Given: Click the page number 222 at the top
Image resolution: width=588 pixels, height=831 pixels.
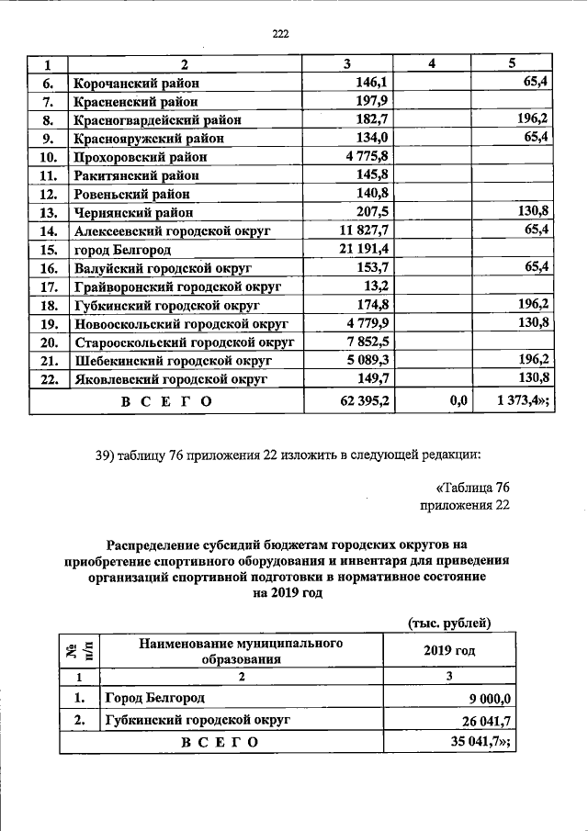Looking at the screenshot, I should pyautogui.click(x=281, y=35).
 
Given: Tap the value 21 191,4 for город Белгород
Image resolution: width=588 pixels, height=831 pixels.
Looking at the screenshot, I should pyautogui.click(x=364, y=250).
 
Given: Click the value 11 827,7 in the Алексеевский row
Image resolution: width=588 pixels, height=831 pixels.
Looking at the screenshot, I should pyautogui.click(x=365, y=231).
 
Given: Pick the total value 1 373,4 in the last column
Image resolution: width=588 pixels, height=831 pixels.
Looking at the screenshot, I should pyautogui.click(x=522, y=400).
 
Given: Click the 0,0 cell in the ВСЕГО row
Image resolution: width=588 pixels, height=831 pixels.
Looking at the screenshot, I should pyautogui.click(x=459, y=400).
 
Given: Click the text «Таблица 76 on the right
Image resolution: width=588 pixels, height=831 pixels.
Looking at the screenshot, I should pyautogui.click(x=472, y=486).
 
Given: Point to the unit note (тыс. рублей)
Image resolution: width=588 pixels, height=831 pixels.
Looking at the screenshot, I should pyautogui.click(x=449, y=623).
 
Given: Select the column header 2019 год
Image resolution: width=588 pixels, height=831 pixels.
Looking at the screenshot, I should pyautogui.click(x=449, y=650).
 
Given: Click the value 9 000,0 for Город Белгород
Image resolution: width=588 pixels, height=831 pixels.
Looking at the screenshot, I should pyautogui.click(x=481, y=699).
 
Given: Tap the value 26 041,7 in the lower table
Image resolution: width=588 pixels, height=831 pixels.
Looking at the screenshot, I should pyautogui.click(x=478, y=721).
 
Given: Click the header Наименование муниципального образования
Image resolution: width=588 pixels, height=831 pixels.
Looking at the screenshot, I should pyautogui.click(x=241, y=650).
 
